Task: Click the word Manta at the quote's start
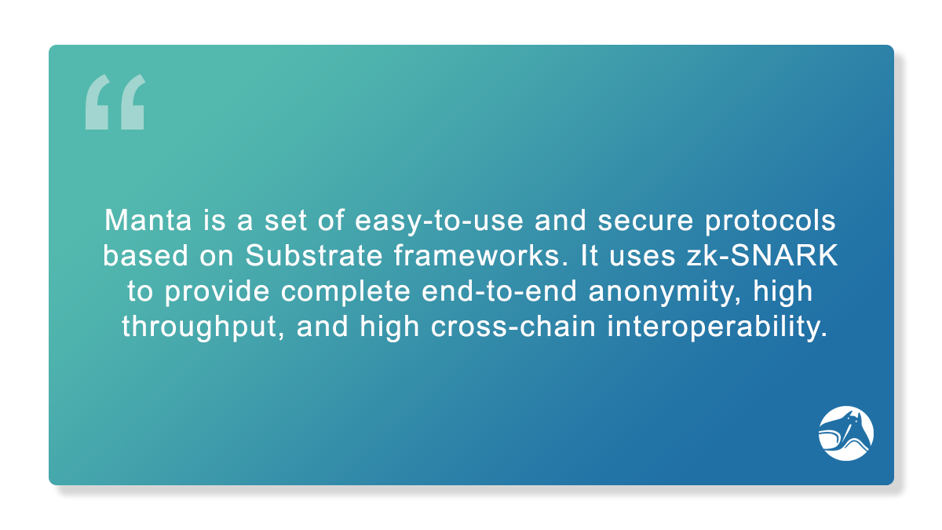(148, 220)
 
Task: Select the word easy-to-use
(439, 221)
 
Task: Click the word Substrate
(314, 255)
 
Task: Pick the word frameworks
(481, 255)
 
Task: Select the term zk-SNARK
(762, 255)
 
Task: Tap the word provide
(217, 291)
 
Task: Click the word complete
(345, 291)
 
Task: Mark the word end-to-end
(499, 291)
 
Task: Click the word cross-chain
(513, 327)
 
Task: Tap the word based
(145, 255)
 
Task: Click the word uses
(642, 256)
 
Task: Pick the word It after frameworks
(590, 255)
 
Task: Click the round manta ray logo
(845, 433)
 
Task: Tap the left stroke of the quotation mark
(97, 102)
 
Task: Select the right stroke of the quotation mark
(133, 102)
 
